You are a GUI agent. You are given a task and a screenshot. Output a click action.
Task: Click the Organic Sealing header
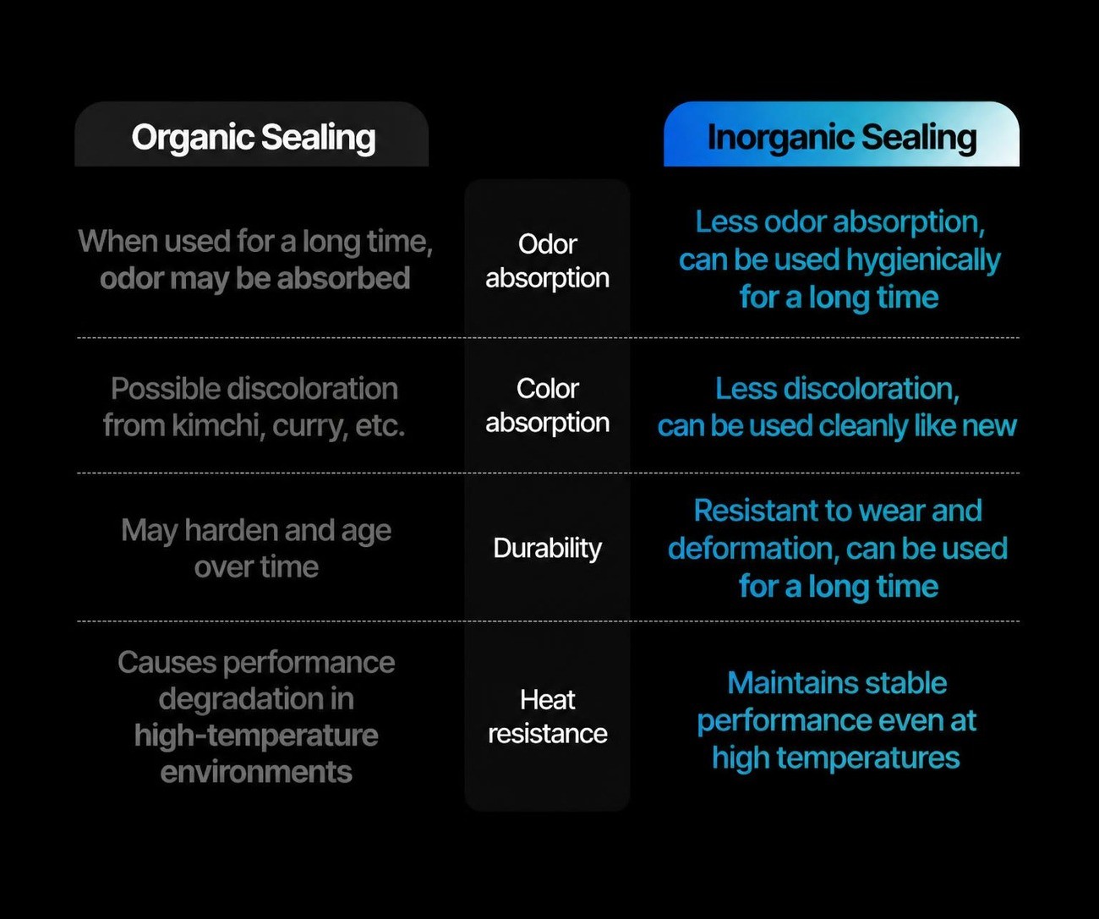[253, 137]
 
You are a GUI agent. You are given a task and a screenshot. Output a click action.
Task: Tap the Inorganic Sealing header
[842, 137]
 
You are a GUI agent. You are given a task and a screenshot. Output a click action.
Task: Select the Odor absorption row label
[548, 261]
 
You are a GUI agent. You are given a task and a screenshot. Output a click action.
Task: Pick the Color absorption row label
[548, 406]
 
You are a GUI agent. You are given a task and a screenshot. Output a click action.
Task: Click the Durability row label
[548, 549]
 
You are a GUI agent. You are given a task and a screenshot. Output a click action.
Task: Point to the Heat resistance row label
[548, 716]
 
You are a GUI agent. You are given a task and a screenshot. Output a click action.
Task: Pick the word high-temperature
[256, 736]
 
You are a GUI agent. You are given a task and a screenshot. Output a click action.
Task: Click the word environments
[256, 772]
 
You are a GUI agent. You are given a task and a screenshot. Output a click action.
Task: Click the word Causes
[167, 662]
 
